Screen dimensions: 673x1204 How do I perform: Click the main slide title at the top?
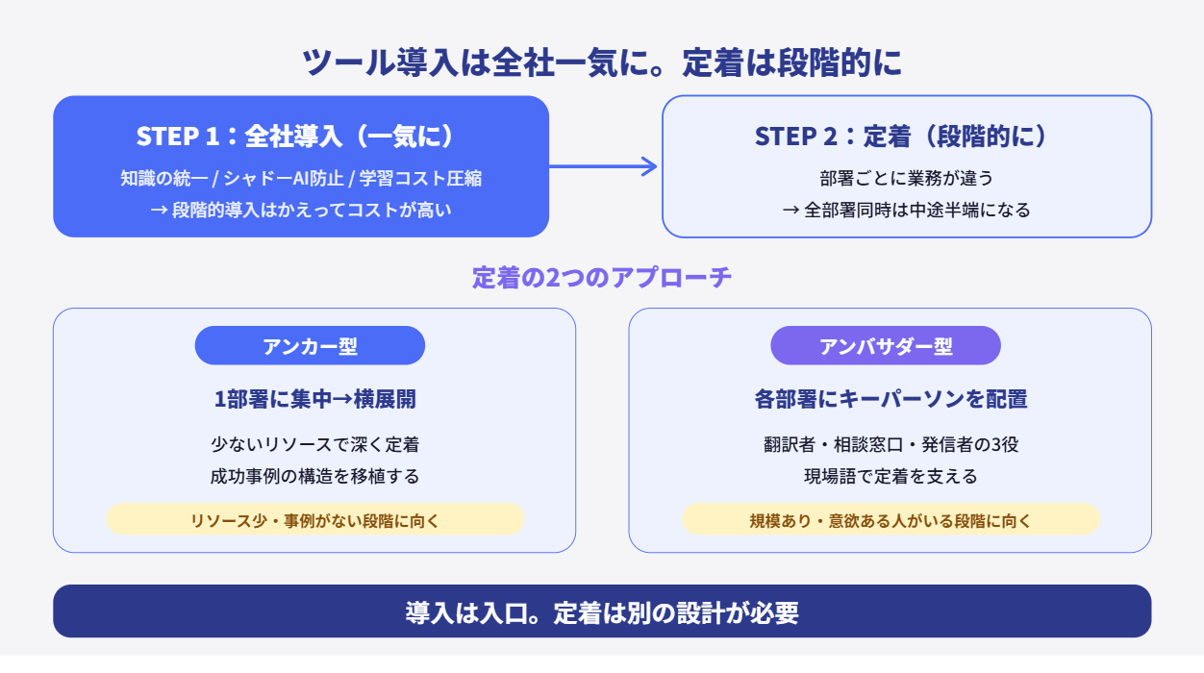[x=602, y=62]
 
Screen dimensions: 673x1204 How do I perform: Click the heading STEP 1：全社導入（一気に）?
[x=300, y=137]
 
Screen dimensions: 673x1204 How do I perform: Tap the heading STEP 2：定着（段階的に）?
[x=906, y=137]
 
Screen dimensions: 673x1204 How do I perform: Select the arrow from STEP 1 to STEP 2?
[x=604, y=166]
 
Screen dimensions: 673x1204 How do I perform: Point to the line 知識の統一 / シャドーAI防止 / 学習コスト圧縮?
[x=300, y=179]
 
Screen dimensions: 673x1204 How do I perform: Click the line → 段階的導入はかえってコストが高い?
[x=300, y=210]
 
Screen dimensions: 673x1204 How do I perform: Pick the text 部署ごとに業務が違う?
[x=906, y=179]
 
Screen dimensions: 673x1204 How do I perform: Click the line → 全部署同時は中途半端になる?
[x=906, y=210]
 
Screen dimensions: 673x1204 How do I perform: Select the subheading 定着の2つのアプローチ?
[x=602, y=278]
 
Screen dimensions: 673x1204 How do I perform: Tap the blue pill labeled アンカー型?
[x=310, y=346]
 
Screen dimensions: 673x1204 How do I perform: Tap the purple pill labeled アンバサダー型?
[x=886, y=346]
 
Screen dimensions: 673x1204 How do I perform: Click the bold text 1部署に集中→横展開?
[x=314, y=399]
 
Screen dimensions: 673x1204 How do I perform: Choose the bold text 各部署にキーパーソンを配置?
[x=890, y=399]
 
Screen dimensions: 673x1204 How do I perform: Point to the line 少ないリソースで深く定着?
[x=314, y=445]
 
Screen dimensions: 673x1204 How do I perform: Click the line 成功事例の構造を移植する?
[x=314, y=476]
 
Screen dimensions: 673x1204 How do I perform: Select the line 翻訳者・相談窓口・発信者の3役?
[x=890, y=445]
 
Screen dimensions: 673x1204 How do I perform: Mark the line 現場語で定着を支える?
[x=890, y=476]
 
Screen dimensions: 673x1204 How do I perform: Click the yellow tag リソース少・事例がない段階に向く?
[x=314, y=520]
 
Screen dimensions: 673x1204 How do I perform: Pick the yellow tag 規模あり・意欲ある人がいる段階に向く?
[x=890, y=520]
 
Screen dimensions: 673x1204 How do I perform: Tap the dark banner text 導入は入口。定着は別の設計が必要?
[x=602, y=612]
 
